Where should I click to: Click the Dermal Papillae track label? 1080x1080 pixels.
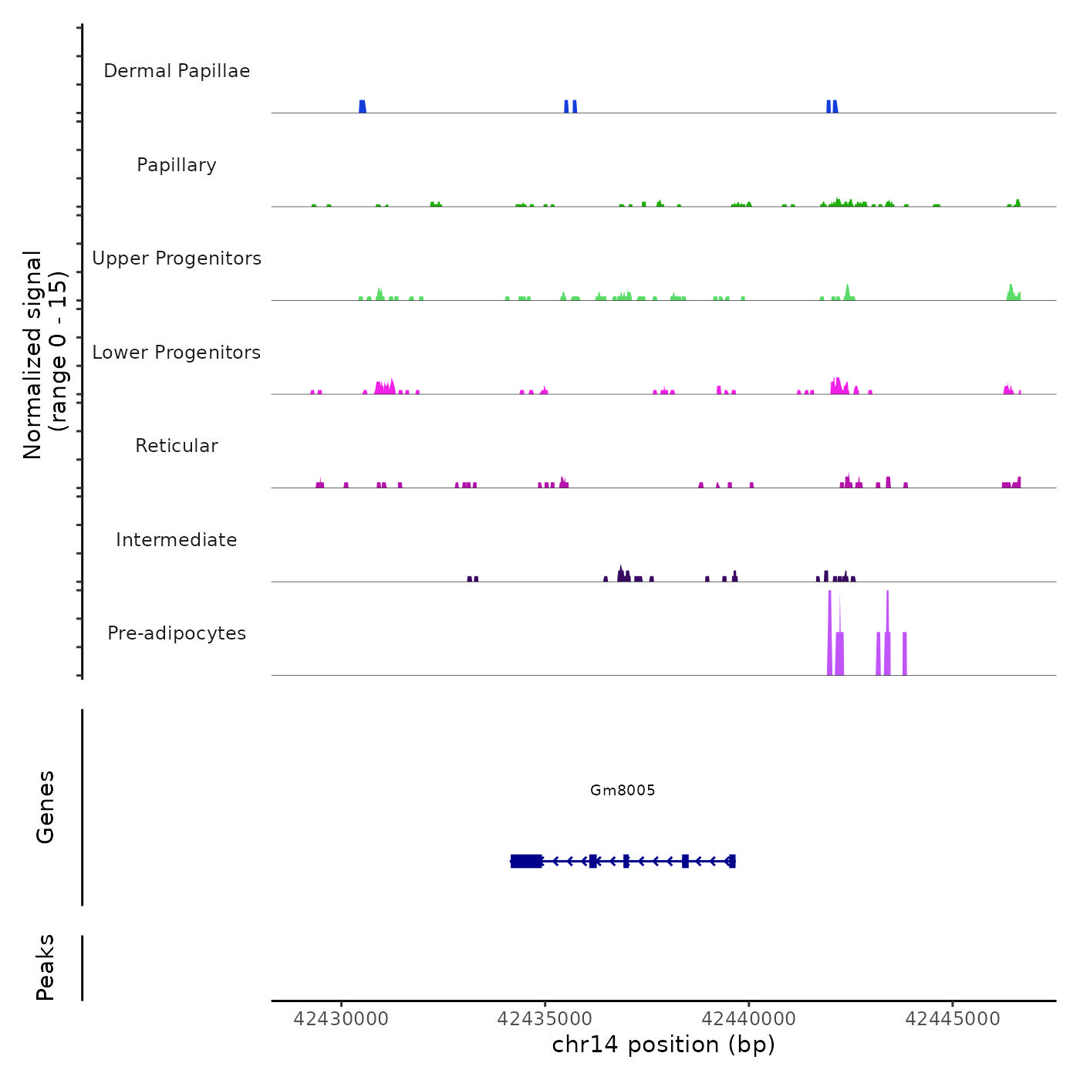(177, 71)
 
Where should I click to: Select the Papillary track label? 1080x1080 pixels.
(177, 165)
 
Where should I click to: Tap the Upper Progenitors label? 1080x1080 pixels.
(177, 258)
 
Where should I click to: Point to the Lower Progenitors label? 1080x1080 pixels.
(177, 353)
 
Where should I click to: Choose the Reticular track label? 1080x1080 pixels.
(177, 446)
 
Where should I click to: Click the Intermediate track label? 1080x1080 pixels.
(177, 540)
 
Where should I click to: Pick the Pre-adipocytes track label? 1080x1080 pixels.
(177, 633)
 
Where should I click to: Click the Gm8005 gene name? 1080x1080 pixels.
(623, 790)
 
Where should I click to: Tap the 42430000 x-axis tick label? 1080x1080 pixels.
(341, 1019)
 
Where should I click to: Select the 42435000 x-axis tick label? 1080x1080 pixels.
(545, 1019)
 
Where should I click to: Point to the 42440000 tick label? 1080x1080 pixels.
(748, 1019)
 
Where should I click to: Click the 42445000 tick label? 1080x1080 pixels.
(952, 1019)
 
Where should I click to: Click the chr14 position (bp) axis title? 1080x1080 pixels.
(663, 1045)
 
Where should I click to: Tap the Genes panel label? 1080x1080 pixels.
(46, 807)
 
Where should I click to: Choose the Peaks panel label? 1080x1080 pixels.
(46, 967)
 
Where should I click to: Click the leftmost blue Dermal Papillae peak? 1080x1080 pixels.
(363, 106)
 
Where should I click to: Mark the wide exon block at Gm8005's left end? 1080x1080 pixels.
(526, 861)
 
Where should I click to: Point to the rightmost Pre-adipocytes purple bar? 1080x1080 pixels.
(904, 654)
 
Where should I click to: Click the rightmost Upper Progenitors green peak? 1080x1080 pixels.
(1011, 293)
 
